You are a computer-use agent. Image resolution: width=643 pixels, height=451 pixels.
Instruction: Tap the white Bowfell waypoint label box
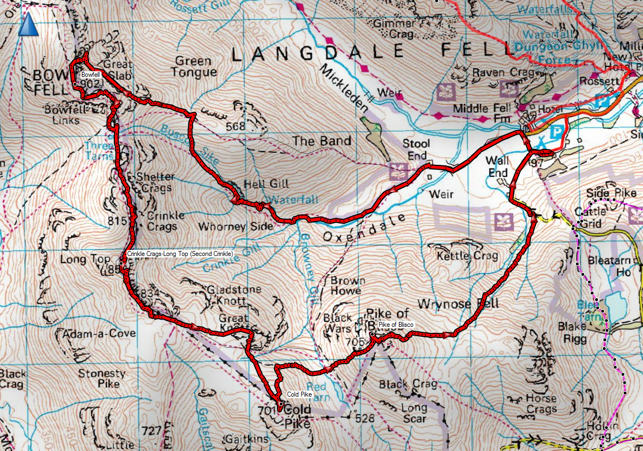pos(91,74)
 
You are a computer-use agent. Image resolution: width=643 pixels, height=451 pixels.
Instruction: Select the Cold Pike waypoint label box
pos(300,394)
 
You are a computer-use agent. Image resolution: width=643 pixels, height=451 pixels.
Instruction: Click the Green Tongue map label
pos(193,66)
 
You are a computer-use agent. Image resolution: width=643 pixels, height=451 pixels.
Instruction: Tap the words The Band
pos(321,141)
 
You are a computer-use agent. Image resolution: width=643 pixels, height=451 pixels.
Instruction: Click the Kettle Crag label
pos(467,255)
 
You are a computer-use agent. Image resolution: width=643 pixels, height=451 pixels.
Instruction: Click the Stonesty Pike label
pos(102,378)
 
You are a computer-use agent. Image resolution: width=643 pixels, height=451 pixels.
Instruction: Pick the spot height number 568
pos(235,126)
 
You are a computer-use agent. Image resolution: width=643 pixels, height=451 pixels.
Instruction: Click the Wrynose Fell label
pos(457,304)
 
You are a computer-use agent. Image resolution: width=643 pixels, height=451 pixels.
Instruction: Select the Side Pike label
pos(611,193)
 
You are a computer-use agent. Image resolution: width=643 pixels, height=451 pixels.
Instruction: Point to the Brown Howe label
pos(346,285)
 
